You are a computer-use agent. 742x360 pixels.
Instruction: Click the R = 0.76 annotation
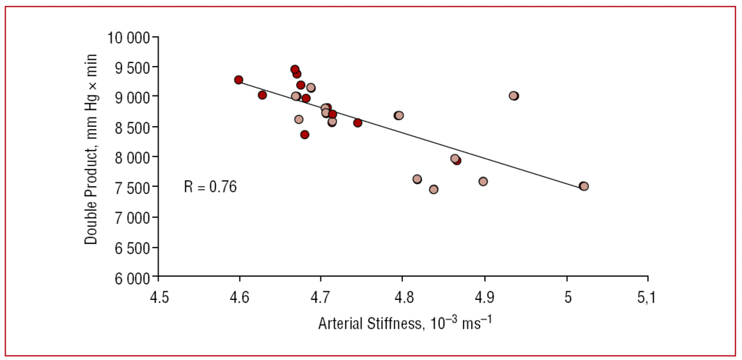210,187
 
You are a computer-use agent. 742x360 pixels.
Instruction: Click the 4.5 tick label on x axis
159,298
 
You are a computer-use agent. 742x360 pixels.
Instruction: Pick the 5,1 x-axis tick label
648,298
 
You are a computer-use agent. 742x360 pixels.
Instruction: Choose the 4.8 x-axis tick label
403,298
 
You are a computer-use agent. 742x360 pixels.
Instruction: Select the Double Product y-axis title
91,157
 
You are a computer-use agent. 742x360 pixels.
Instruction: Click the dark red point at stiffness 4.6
238,80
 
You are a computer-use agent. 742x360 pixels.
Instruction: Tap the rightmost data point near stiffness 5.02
583,186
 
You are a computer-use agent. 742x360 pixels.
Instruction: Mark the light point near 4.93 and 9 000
514,96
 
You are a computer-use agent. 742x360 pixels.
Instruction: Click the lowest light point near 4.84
433,189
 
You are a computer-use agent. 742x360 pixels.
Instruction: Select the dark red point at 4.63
262,95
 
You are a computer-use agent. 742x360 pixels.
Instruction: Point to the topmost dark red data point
295,70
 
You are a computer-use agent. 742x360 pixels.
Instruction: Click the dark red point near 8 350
305,135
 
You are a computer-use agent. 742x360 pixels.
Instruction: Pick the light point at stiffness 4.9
483,181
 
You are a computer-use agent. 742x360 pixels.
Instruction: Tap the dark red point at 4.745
358,123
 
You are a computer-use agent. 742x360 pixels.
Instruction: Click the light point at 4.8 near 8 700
399,115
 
